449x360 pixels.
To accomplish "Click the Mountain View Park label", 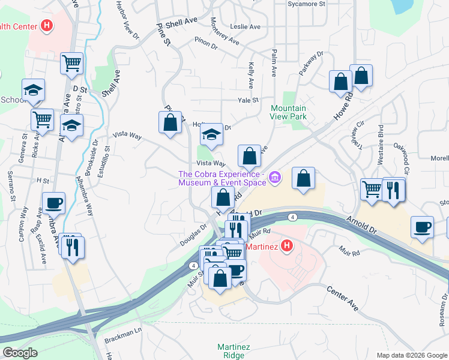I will click(288, 112).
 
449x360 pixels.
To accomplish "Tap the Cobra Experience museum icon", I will click(275, 177).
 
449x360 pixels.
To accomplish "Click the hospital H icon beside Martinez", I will click(287, 245).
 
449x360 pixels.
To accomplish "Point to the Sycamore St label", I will click(306, 4).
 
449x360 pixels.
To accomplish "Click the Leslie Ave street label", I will click(246, 27).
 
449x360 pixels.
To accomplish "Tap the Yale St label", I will click(247, 100).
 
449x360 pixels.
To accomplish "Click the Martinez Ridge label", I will click(231, 351).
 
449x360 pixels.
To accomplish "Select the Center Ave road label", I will click(343, 298).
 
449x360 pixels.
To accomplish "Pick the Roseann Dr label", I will click(442, 305).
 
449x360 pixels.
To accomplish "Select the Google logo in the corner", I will click(20, 353).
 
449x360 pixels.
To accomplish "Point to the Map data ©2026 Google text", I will click(411, 355).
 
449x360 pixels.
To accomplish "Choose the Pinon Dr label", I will click(208, 41).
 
